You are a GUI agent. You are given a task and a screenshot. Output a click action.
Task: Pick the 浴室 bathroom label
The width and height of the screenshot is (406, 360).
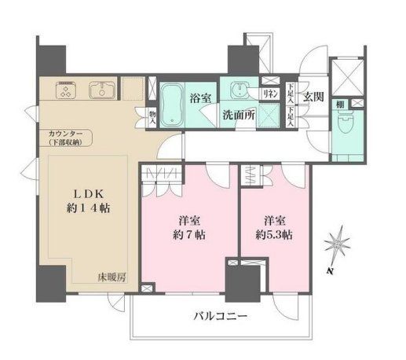click(200, 98)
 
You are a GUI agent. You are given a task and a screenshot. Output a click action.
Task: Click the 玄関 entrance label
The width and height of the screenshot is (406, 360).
click(313, 97)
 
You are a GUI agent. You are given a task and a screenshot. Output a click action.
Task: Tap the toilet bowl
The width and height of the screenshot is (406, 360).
click(346, 124)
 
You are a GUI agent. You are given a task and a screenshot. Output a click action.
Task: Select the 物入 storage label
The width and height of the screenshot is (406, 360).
click(152, 117)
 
